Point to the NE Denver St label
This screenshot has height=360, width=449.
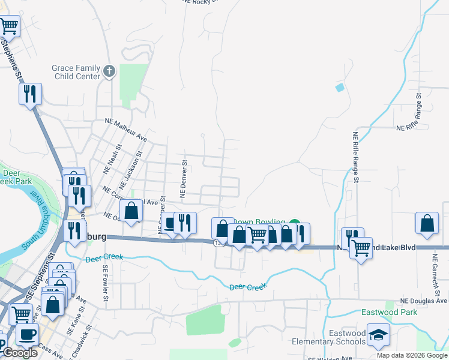click(183, 179)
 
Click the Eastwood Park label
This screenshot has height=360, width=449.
click(389, 313)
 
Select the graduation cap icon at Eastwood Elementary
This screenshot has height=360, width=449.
click(378, 335)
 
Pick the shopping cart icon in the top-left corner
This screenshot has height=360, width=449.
click(8, 26)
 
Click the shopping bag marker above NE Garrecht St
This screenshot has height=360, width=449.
click(426, 223)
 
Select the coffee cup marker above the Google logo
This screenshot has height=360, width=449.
click(26, 334)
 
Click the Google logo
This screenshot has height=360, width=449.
click(20, 353)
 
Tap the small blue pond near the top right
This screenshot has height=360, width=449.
click(340, 88)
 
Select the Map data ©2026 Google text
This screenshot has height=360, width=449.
click(412, 355)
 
